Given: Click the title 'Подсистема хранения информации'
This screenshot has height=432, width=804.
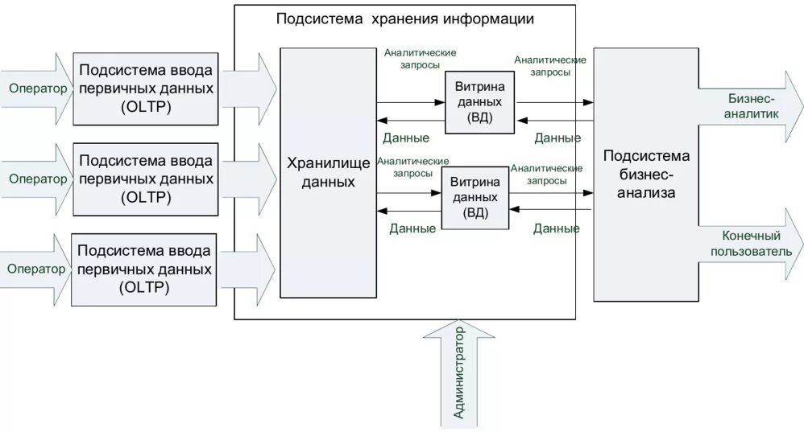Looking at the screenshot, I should point(404,19).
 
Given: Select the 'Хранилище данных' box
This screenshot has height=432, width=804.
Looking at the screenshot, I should point(328,172).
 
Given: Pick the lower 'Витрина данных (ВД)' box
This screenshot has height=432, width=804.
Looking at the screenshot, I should point(475,197).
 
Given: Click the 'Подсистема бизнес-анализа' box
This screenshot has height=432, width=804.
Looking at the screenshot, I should point(645,174).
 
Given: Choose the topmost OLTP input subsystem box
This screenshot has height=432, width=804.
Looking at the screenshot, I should point(146,88).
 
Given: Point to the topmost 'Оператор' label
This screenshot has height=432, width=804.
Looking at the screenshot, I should point(38,88).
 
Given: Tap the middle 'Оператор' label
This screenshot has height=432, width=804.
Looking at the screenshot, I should point(38,179).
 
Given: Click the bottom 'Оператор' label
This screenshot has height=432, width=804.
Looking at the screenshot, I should point(36,269).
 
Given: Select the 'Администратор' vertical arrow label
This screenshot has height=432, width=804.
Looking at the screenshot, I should point(459,373).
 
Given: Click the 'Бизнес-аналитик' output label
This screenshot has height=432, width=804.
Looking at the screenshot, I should point(752,106).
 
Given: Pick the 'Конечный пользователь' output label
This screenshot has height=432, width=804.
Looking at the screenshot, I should point(752,243).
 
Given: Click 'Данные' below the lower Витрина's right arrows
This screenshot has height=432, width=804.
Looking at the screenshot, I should point(556,228).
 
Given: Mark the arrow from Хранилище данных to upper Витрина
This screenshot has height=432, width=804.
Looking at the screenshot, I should point(411,101).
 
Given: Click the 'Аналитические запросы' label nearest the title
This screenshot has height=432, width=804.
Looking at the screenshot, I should point(420,59).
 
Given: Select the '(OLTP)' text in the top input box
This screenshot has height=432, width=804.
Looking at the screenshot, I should point(146,106).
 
